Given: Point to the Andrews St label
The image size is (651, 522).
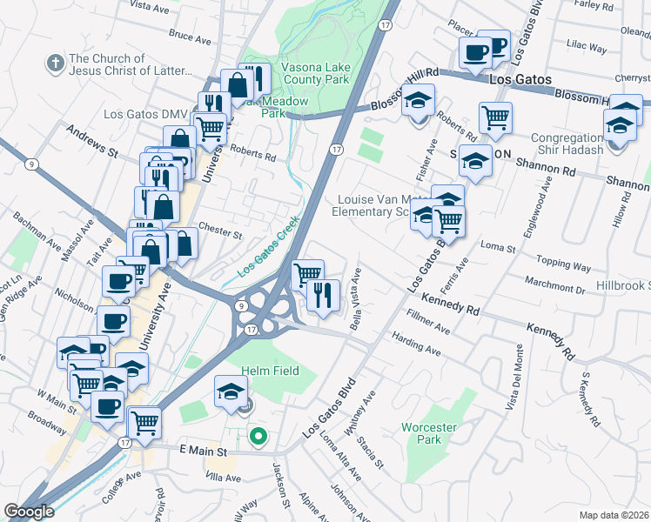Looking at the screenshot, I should tap(92, 139).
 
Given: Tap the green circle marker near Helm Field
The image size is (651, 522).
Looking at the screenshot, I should tap(257, 436).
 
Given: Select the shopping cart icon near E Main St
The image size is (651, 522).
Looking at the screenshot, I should tap(144, 423).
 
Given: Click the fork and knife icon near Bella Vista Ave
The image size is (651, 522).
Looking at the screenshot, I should tap(323, 294).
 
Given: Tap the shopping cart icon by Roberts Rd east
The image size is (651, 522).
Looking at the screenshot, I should tap(495, 117).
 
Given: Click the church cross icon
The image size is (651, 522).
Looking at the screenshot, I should tap(54, 64).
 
